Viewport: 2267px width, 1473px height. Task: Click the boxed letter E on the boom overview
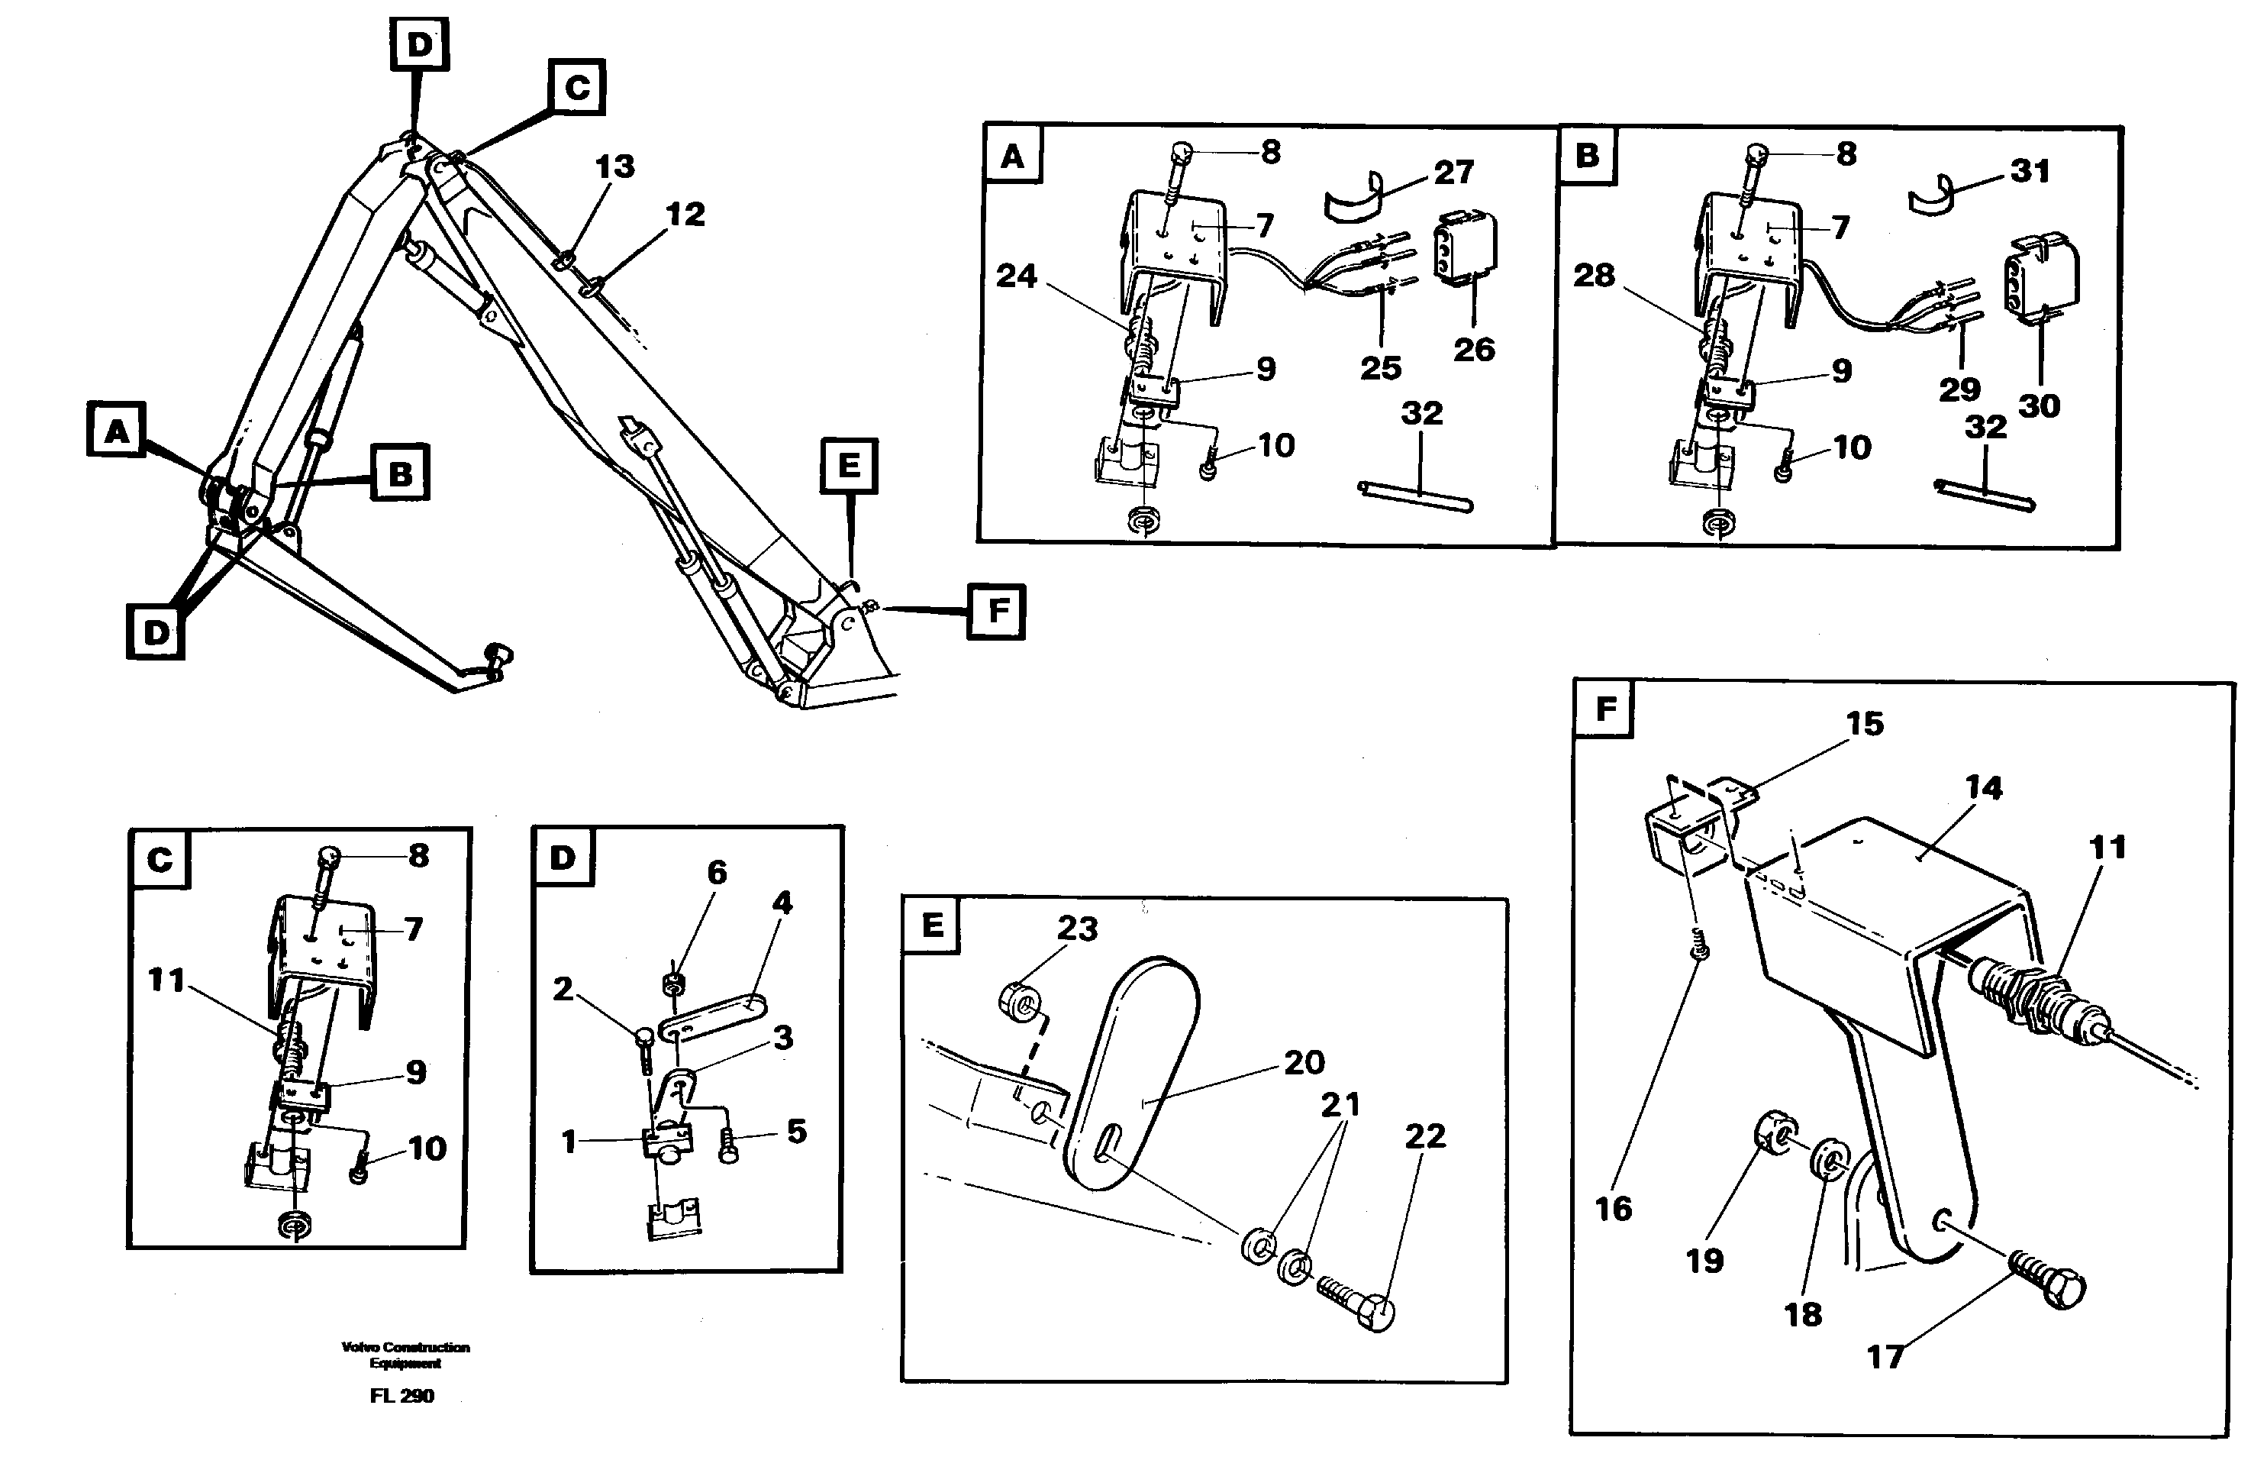[x=849, y=466]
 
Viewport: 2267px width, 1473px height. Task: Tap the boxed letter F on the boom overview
[x=996, y=610]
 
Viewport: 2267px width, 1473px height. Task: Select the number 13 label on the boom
[x=614, y=166]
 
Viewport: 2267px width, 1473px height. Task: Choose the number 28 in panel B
[x=1594, y=276]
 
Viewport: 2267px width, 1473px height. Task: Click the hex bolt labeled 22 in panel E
[x=1362, y=1305]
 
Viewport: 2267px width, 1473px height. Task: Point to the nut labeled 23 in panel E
[x=1020, y=1000]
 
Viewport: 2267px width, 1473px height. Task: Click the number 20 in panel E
[x=1304, y=1061]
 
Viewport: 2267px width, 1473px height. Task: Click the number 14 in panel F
[x=1983, y=787]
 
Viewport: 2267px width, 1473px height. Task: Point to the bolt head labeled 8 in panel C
[x=327, y=858]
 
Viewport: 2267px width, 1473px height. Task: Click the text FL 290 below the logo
[x=402, y=1396]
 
